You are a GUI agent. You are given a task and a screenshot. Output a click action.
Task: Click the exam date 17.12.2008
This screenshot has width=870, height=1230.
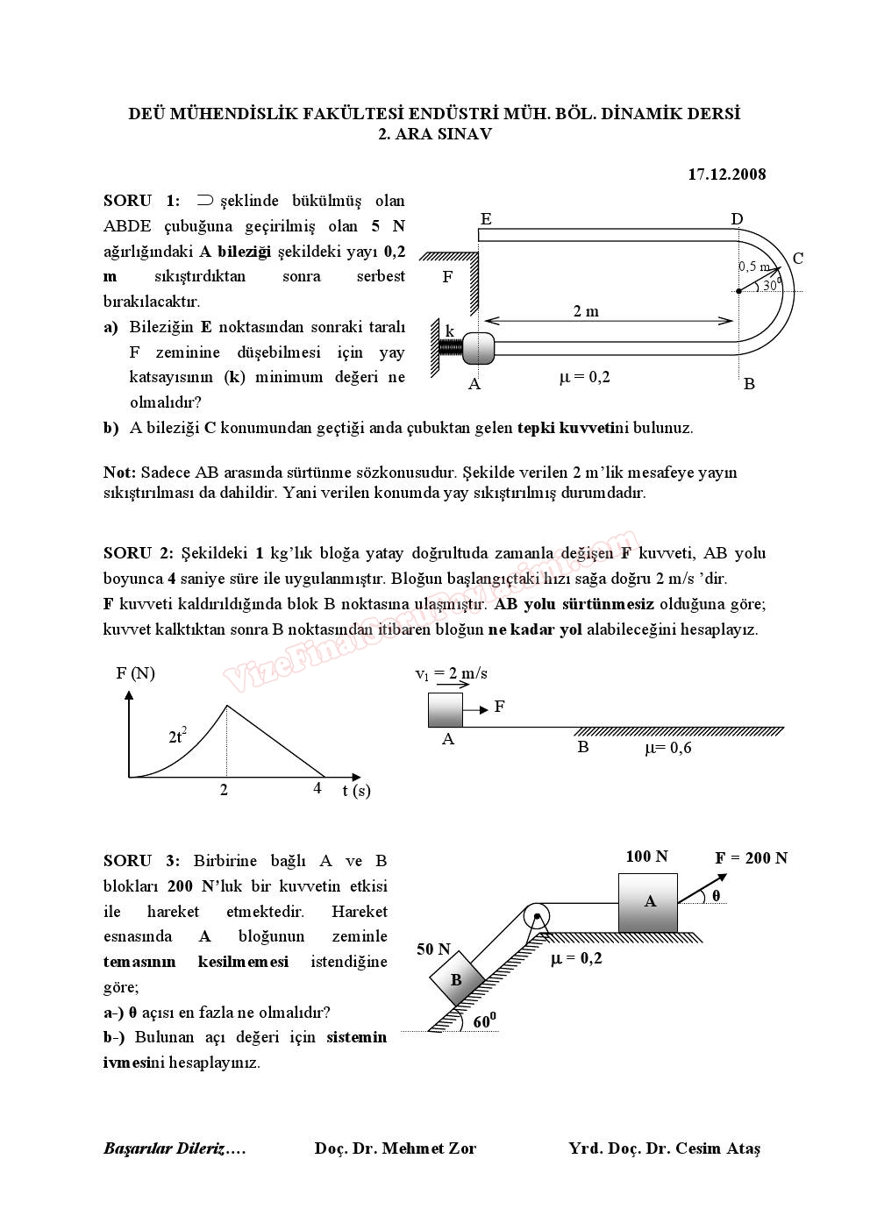pyautogui.click(x=726, y=174)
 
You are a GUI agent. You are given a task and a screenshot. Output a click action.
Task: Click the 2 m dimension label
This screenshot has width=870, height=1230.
pyautogui.click(x=586, y=311)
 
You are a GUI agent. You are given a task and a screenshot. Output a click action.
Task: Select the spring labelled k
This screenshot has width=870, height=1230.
pyautogui.click(x=450, y=347)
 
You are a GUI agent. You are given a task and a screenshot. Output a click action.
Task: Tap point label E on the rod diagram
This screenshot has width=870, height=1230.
pyautogui.click(x=486, y=219)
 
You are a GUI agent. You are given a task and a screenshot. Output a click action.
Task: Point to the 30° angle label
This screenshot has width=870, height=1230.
pyautogui.click(x=771, y=284)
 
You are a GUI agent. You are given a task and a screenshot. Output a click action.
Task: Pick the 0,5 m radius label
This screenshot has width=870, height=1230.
pyautogui.click(x=754, y=267)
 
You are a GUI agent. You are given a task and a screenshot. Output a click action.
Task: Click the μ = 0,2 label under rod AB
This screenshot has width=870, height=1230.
pyautogui.click(x=584, y=378)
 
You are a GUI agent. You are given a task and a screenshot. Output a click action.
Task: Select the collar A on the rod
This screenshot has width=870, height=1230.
pyautogui.click(x=478, y=348)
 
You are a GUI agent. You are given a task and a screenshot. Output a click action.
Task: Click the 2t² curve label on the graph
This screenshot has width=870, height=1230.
pyautogui.click(x=177, y=736)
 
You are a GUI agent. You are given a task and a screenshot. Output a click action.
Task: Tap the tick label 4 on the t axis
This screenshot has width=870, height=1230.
pyautogui.click(x=317, y=788)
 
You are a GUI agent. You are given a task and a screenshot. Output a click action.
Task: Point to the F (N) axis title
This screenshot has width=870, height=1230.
pyautogui.click(x=135, y=673)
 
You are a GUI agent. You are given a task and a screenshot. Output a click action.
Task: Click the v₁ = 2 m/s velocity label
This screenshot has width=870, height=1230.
pyautogui.click(x=451, y=673)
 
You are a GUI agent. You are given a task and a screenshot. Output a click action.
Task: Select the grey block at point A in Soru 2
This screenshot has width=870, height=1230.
pyautogui.click(x=445, y=709)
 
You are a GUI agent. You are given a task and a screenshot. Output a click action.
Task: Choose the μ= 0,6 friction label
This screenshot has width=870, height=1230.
pyautogui.click(x=667, y=748)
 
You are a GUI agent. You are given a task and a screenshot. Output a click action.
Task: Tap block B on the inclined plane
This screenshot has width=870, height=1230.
pyautogui.click(x=456, y=979)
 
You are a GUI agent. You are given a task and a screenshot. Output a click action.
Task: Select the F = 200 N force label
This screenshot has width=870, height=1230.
pyautogui.click(x=751, y=858)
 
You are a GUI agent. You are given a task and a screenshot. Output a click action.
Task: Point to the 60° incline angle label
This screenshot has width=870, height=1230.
pyautogui.click(x=484, y=1021)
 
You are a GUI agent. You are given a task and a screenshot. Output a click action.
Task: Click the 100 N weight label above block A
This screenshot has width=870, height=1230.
pyautogui.click(x=646, y=857)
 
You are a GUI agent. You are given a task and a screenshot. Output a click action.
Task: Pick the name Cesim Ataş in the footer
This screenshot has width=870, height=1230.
pyautogui.click(x=717, y=1148)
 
